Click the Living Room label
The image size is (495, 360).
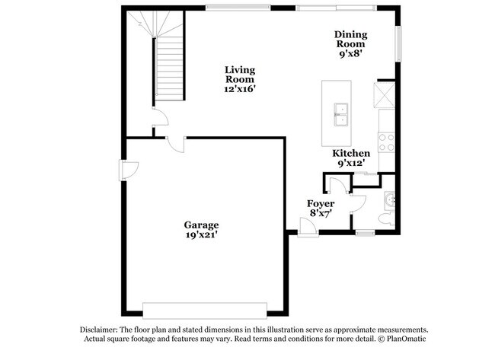coord(239,74)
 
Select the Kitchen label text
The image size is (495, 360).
coord(351,153)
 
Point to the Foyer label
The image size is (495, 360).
coord(321,203)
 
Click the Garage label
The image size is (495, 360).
coord(201,225)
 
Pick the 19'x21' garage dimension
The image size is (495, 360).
coord(201,235)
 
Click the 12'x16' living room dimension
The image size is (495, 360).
coord(239,88)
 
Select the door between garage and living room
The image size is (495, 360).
coord(175,145)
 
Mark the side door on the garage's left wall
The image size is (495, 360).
coord(124,170)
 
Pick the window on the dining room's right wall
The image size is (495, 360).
coord(397,44)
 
